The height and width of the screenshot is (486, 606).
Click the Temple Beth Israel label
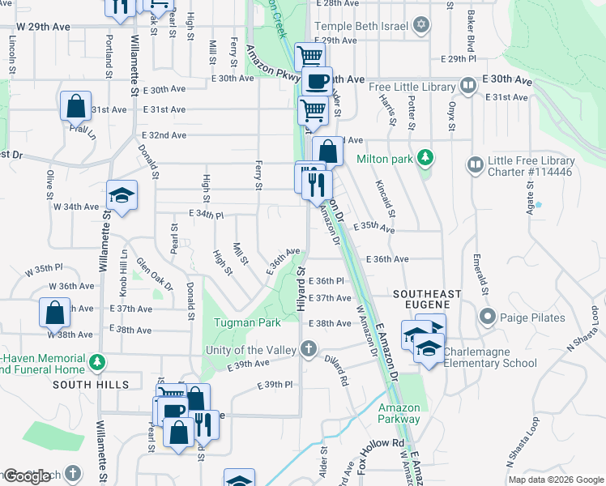tap(361, 25)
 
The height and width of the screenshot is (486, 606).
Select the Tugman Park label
tap(247, 322)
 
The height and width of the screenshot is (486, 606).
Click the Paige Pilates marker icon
tap(487, 317)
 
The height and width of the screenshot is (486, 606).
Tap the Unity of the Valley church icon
tap(308, 349)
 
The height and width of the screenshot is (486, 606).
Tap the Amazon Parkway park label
tap(399, 413)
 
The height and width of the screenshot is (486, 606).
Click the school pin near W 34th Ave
tap(122, 195)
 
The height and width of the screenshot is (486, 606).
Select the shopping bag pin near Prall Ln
tap(75, 105)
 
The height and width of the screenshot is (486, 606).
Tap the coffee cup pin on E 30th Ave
tap(317, 81)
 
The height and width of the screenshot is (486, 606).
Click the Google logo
tap(27, 476)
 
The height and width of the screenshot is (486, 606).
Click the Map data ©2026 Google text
tap(555, 480)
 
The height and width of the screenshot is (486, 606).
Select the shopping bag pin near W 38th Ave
tap(53, 312)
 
